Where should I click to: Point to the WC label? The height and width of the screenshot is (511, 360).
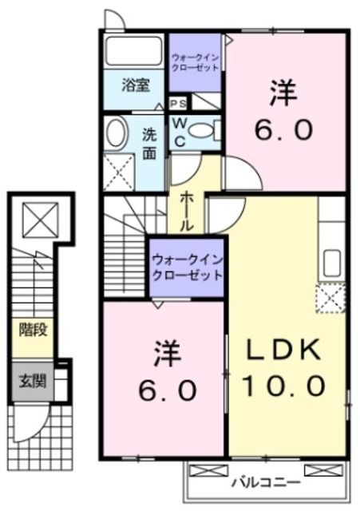pos(179,132)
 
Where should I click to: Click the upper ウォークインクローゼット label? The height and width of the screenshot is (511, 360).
pos(196,61)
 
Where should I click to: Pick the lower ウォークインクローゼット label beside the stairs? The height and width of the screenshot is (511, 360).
pos(188,267)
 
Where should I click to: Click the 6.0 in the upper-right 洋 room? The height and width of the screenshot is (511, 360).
pos(283,129)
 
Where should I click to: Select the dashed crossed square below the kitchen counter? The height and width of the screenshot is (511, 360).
pos(330,299)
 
